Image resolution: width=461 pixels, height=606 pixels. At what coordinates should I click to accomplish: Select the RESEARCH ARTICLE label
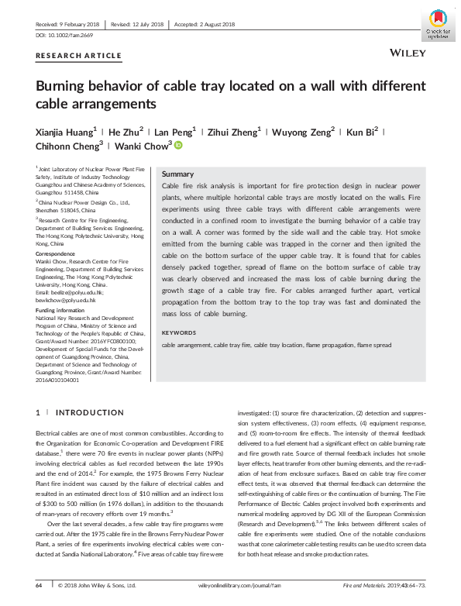78,56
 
